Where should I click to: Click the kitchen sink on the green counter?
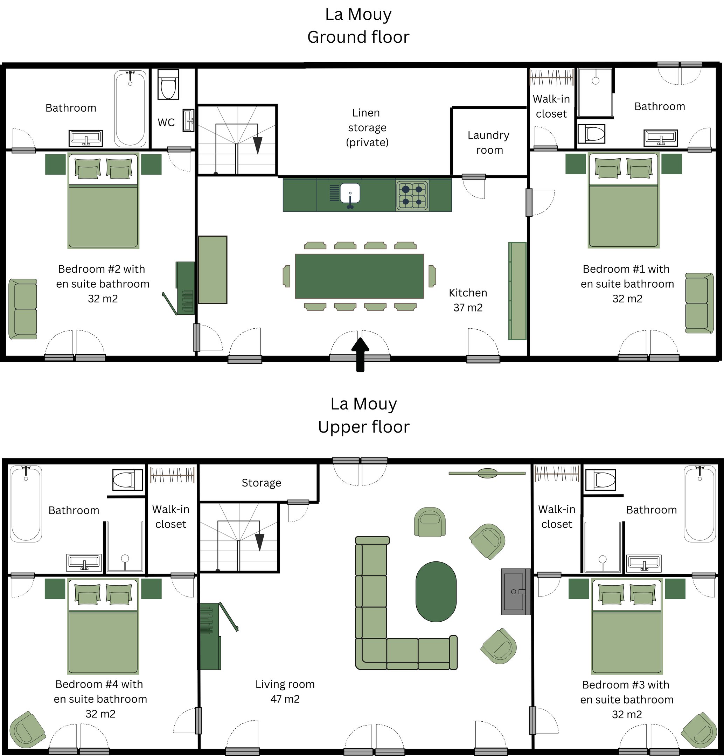(x=350, y=193)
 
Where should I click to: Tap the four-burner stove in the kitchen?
(x=412, y=195)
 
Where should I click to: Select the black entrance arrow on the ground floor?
(x=360, y=355)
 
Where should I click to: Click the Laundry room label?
(x=489, y=143)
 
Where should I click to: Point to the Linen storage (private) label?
(x=367, y=128)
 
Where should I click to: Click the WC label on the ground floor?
(x=166, y=122)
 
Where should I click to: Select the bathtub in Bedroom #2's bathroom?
(x=130, y=108)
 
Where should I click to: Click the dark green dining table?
(x=359, y=276)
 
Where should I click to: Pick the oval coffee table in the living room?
(x=436, y=592)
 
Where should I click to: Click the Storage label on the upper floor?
(x=262, y=483)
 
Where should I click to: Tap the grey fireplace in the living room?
(x=516, y=591)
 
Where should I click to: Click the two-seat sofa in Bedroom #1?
(x=699, y=303)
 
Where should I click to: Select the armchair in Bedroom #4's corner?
(x=27, y=730)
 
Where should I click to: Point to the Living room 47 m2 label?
(x=285, y=692)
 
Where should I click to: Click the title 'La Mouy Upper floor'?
(x=364, y=415)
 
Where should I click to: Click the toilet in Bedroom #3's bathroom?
(x=600, y=480)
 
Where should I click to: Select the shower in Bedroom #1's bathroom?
(x=595, y=92)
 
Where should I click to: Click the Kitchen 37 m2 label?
(x=468, y=300)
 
